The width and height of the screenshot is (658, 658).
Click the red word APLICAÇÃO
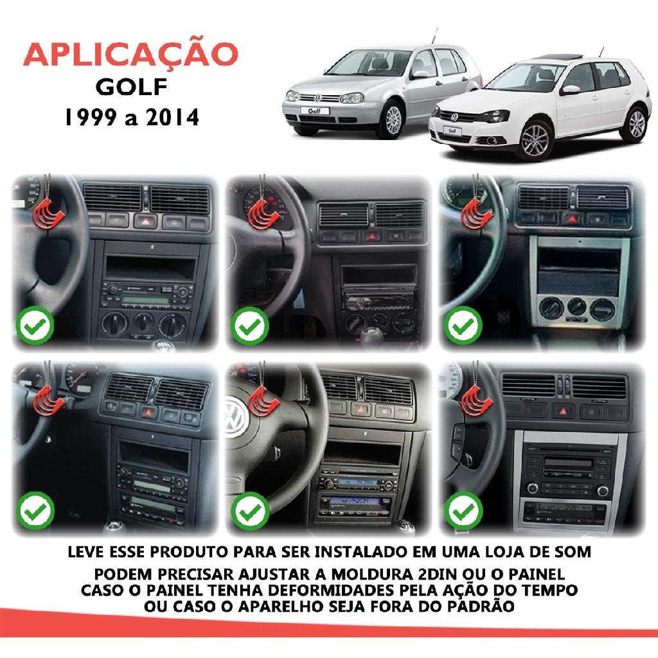click(x=130, y=55)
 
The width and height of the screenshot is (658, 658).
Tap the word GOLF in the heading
click(x=131, y=87)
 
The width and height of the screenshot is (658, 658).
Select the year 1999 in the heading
click(x=90, y=117)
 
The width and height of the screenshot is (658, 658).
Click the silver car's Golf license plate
click(x=315, y=111)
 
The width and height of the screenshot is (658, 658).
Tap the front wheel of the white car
click(x=535, y=140)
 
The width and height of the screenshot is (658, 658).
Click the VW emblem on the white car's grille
click(x=454, y=117)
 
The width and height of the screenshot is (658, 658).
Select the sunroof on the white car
click(x=558, y=57)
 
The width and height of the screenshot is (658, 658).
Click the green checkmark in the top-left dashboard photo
click(x=35, y=326)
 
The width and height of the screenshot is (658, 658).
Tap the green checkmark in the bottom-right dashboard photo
click(x=464, y=511)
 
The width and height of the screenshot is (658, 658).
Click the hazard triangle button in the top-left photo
click(x=145, y=221)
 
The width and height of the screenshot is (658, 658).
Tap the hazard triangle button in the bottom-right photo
click(x=563, y=411)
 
